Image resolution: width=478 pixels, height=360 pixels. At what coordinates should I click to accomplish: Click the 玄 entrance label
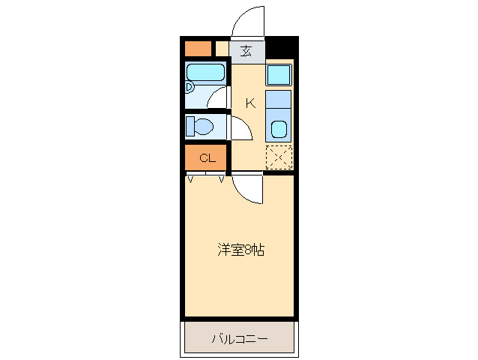(x=246, y=52)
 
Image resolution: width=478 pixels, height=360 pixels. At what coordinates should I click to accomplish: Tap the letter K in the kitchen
(x=250, y=103)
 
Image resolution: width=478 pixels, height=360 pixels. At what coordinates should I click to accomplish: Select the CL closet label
(x=207, y=157)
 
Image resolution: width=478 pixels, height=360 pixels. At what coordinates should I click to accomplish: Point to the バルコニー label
(x=239, y=339)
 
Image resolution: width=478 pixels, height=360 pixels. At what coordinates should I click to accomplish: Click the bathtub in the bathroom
(x=205, y=73)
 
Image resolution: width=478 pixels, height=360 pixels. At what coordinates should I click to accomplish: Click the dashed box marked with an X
(x=279, y=157)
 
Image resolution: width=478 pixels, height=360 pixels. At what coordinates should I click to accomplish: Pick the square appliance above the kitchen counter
(x=279, y=75)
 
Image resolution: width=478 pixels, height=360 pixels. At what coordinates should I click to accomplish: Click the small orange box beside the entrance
(x=199, y=49)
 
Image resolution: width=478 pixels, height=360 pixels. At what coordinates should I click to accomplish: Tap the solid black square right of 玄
(x=280, y=48)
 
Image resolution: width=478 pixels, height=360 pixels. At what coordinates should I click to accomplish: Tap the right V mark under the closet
(x=222, y=179)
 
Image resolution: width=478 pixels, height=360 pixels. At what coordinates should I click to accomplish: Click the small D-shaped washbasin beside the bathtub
(x=189, y=86)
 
